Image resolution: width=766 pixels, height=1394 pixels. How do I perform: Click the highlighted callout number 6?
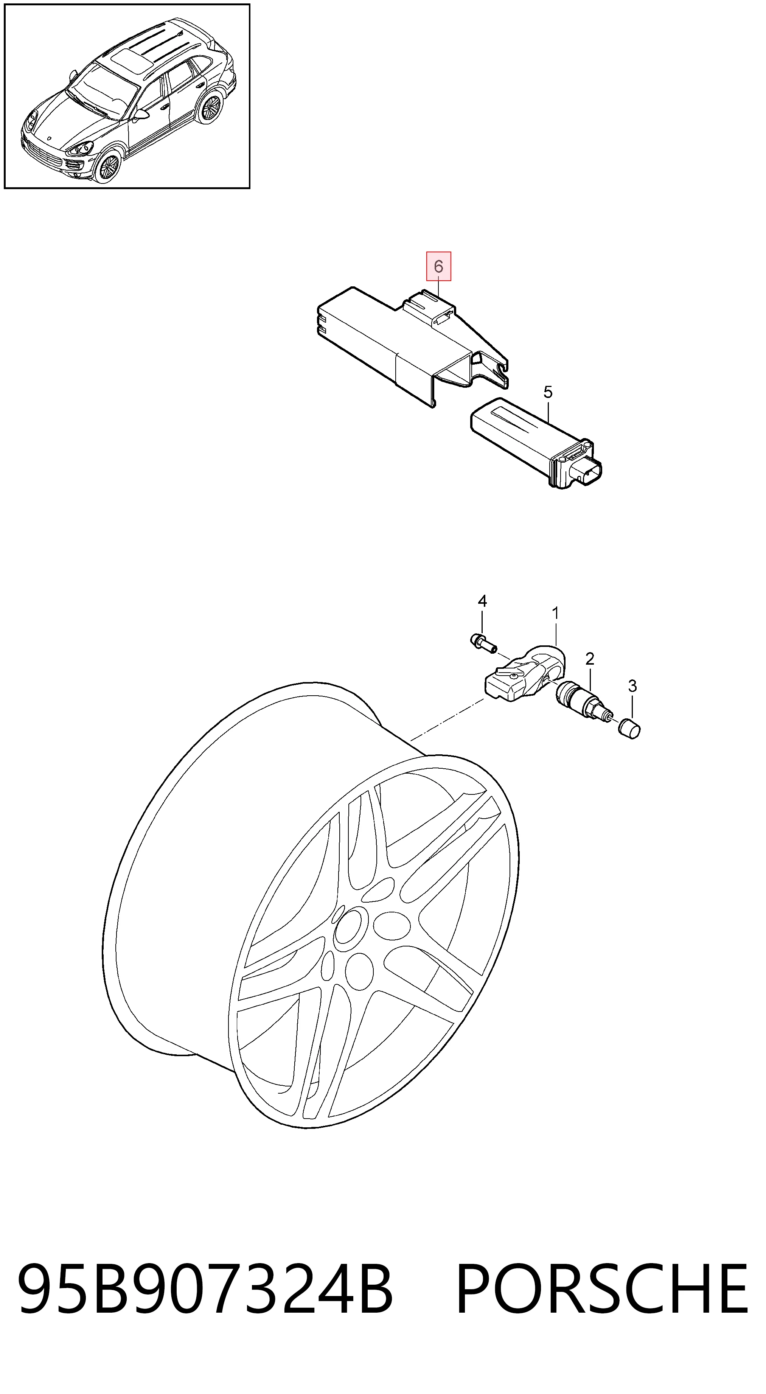[438, 266]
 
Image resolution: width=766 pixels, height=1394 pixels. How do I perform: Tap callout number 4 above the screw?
[482, 601]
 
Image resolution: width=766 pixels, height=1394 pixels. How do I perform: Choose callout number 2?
[590, 659]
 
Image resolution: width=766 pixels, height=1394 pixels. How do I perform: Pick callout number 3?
[632, 686]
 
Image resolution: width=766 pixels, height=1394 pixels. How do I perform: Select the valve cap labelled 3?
[630, 729]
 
